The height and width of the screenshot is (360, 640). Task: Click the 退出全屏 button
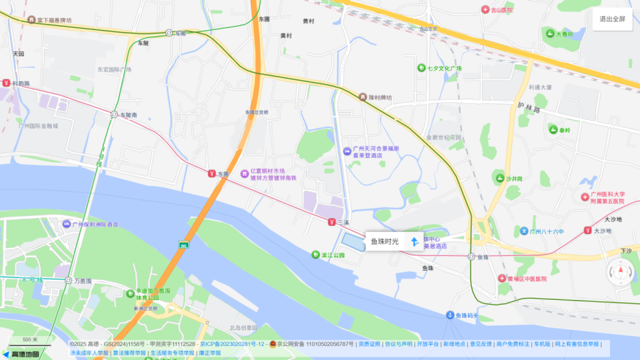click(x=612, y=19)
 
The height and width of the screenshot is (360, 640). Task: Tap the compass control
click(x=619, y=272)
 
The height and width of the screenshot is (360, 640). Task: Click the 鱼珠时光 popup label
click(x=385, y=241)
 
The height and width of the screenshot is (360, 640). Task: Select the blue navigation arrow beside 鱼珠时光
click(x=414, y=241)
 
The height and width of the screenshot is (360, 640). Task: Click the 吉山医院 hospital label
click(x=502, y=10)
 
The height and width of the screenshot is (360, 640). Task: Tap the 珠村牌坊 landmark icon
click(x=363, y=97)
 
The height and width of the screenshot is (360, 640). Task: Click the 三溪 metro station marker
click(x=331, y=222)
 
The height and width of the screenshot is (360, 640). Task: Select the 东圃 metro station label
click(x=223, y=174)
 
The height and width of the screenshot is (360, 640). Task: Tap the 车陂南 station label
click(x=128, y=115)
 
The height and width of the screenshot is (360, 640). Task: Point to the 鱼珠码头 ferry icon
click(x=450, y=315)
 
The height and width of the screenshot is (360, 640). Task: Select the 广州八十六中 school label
click(x=546, y=231)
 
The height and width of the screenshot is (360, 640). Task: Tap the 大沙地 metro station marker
click(x=587, y=231)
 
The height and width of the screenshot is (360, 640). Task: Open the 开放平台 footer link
click(x=427, y=344)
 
